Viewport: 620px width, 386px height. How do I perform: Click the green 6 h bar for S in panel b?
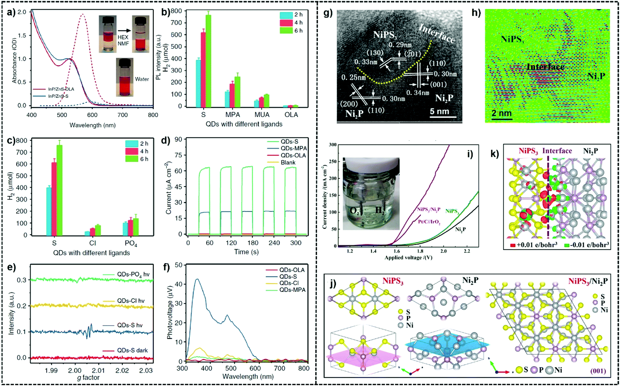[x=208, y=61]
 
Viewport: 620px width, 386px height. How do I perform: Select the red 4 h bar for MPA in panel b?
[x=232, y=95]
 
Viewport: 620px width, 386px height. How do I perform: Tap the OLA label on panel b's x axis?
[x=291, y=115]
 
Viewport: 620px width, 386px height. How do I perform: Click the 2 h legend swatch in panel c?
[x=132, y=144]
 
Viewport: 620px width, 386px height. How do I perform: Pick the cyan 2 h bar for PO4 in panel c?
[x=125, y=229]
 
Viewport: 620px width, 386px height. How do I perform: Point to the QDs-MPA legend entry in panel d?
[x=294, y=148]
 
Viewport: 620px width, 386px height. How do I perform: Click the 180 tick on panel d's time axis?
[x=253, y=243]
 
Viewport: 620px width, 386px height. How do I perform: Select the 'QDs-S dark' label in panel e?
[x=132, y=350]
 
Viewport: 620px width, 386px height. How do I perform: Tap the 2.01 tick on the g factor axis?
[x=98, y=370]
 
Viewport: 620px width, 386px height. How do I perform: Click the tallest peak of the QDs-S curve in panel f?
[x=197, y=279]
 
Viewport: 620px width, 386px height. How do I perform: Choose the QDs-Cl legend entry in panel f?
[x=289, y=283]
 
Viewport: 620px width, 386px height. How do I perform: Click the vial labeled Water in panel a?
[x=124, y=78]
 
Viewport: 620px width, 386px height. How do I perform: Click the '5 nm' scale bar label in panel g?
[x=439, y=112]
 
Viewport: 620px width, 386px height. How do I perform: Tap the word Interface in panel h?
[x=545, y=67]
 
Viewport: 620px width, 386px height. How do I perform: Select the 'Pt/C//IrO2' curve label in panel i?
[x=429, y=222]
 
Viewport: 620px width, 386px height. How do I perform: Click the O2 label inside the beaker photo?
[x=354, y=211]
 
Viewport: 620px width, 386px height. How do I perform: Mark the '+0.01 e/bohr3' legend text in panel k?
[x=537, y=245]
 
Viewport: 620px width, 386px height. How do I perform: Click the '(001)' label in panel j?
[x=598, y=371]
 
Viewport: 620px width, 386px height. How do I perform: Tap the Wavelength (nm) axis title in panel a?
[x=92, y=125]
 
